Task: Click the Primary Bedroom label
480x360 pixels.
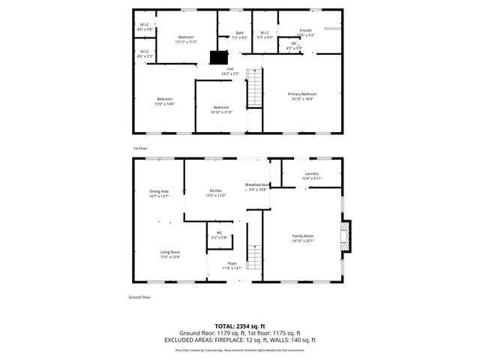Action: [x=303, y=94]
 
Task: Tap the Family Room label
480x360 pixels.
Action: [x=303, y=235]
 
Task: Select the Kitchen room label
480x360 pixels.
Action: [x=216, y=191]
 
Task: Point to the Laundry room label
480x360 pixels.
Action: [x=311, y=174]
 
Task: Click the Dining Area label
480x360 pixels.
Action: [x=159, y=191]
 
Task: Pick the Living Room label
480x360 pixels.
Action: [x=169, y=252]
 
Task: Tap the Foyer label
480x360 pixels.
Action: [x=233, y=264]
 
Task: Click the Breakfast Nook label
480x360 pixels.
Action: [x=257, y=184]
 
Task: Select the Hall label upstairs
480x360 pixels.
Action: [x=230, y=69]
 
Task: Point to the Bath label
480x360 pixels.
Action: [x=240, y=33]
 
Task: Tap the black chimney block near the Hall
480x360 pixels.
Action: [x=218, y=58]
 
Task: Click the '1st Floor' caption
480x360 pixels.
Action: [x=140, y=148]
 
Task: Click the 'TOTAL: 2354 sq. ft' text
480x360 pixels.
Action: [x=240, y=326]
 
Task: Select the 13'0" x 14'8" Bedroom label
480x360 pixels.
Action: [x=164, y=100]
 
